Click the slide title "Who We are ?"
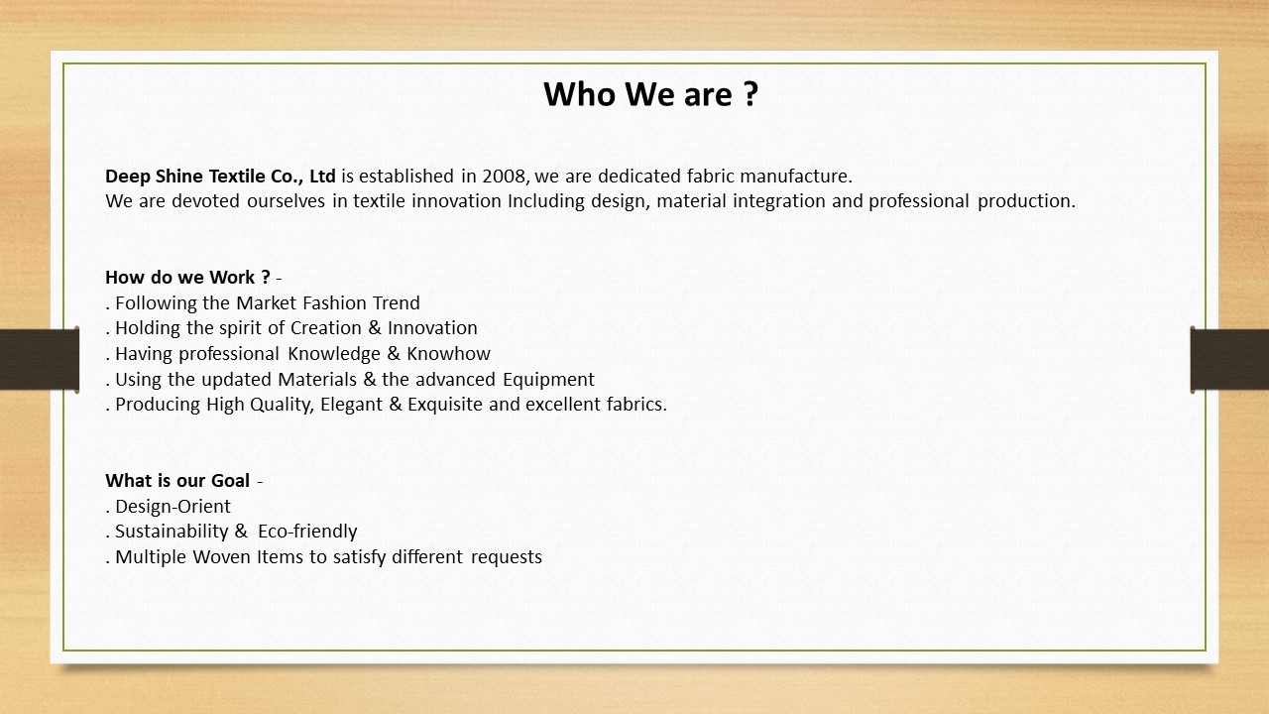(x=650, y=94)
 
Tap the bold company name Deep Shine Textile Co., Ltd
(x=220, y=177)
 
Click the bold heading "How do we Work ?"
(x=187, y=278)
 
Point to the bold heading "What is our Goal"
(x=177, y=481)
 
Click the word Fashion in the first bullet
(x=334, y=303)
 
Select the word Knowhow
(x=448, y=354)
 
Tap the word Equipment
(x=548, y=380)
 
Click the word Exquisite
(x=445, y=405)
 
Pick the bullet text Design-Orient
(x=173, y=507)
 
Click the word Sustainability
(x=172, y=532)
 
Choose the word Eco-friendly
(x=307, y=532)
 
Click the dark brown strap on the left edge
(x=39, y=359)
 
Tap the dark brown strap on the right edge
(x=1230, y=359)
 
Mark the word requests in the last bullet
(x=507, y=557)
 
